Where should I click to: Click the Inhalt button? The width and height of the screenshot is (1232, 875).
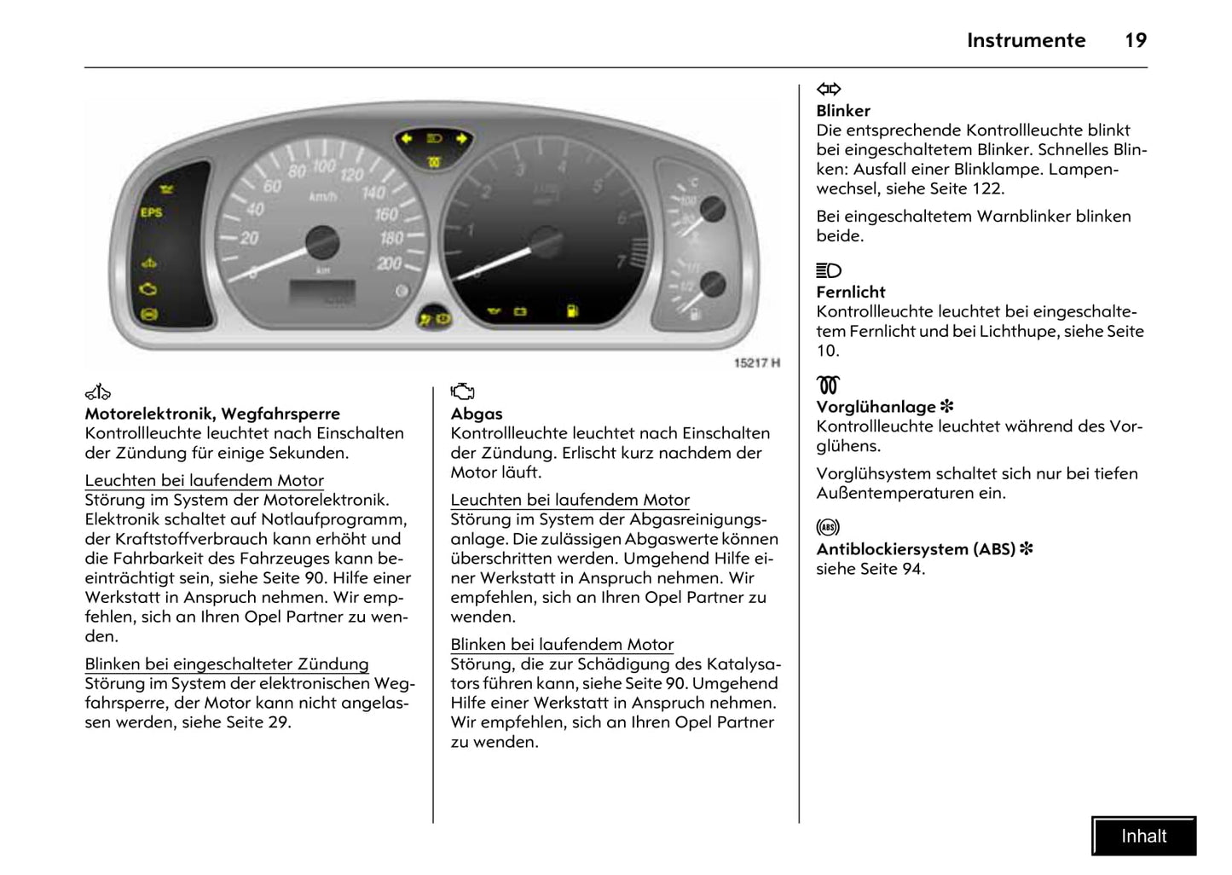pos(1143,836)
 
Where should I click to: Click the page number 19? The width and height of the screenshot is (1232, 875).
pos(1136,40)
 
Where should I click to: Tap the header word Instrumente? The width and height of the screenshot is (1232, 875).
pos(1026,40)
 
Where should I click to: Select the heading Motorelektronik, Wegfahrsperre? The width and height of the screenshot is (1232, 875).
pos(212,414)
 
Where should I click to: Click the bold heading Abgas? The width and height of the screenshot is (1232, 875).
pos(477,414)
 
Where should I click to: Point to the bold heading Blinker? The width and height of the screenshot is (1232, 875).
pos(843,111)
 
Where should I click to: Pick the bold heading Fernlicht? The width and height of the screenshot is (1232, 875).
pos(851,292)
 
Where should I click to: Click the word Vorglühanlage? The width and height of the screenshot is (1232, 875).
pos(876,407)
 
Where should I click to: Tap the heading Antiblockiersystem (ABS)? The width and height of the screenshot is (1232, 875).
pos(916,549)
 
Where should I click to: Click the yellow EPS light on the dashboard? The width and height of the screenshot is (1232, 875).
pos(151,212)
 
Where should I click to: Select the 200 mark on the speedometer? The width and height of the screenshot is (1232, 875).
pos(390,264)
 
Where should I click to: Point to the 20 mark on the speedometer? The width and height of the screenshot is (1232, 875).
pos(249,238)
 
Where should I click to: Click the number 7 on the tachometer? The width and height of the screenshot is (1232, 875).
pos(621,261)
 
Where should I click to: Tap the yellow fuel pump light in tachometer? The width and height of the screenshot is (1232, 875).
pos(572,311)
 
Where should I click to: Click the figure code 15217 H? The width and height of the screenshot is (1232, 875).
pos(757,363)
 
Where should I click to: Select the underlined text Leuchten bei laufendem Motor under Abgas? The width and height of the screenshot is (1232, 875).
pos(570,501)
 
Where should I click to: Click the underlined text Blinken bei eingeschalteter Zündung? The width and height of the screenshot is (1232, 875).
pos(227,664)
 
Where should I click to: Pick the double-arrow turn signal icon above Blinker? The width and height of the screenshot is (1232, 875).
pos(829,89)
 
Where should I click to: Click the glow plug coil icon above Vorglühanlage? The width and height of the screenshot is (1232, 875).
pos(828,385)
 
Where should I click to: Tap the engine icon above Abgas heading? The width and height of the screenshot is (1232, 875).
pos(462,391)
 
